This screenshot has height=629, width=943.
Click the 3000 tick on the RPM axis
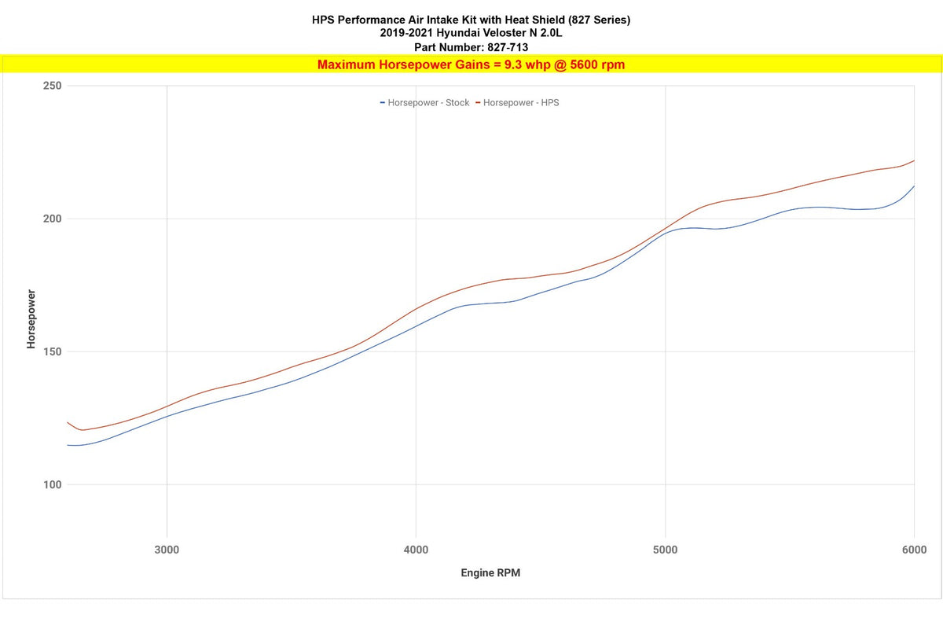[x=167, y=549]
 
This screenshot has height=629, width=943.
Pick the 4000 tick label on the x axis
[x=416, y=549]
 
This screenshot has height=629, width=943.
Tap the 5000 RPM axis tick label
[x=665, y=549]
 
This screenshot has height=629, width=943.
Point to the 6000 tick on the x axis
[x=914, y=549]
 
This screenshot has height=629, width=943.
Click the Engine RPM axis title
[x=490, y=573]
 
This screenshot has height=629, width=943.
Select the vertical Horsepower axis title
[x=31, y=319]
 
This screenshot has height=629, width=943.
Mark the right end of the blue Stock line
[x=914, y=186]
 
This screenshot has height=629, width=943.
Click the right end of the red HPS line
[x=914, y=160]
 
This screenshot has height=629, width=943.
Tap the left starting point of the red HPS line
[x=68, y=422]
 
